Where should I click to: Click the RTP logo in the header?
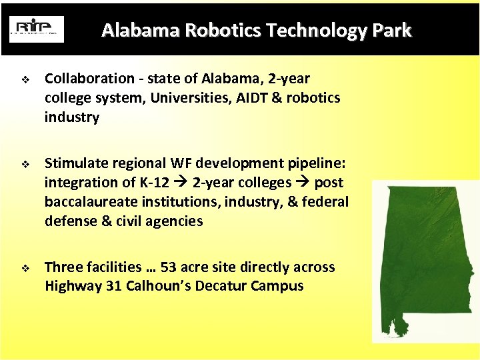point(37,29)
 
